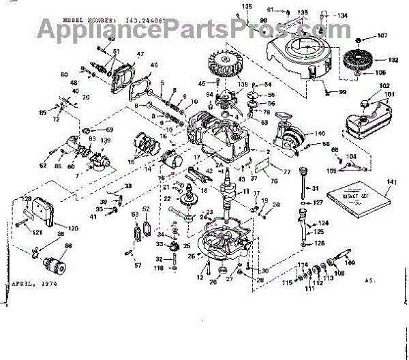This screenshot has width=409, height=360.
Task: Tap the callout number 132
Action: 393,60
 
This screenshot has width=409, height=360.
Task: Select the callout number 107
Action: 381,35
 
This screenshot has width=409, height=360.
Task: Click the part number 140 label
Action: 320,134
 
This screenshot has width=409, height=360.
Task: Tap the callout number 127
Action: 318,202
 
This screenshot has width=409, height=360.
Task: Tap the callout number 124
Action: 323,223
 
